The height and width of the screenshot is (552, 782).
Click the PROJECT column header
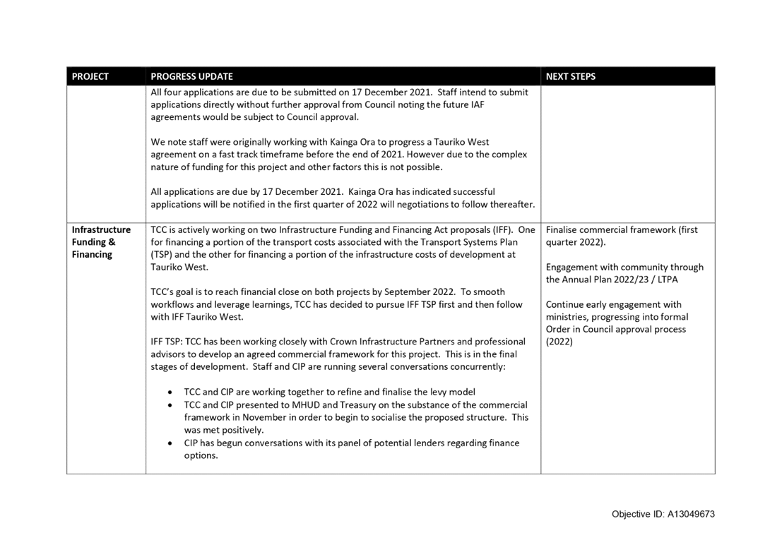coord(90,76)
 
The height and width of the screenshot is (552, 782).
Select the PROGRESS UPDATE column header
coord(191,76)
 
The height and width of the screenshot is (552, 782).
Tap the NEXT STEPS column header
coord(571,76)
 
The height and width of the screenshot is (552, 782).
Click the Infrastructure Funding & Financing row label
coord(101,241)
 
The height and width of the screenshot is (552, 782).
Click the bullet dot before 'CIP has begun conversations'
coord(171,443)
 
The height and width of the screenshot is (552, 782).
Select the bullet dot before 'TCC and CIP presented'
coord(171,406)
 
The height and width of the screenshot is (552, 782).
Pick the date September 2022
coord(420,292)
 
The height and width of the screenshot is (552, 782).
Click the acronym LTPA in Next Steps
coord(668,280)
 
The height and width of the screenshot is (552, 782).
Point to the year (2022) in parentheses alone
coord(559,342)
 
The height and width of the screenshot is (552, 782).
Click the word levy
coord(427,392)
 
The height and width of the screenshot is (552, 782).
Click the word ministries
coord(567,317)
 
